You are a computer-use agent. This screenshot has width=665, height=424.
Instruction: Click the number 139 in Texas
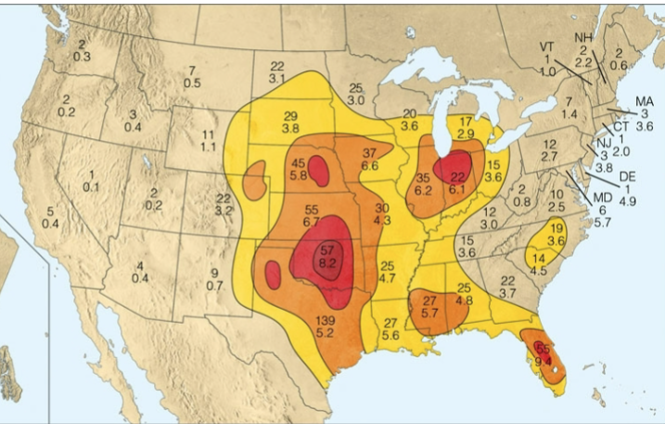326,320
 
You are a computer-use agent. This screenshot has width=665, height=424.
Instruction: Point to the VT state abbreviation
548,46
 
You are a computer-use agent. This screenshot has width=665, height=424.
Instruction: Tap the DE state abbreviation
627,175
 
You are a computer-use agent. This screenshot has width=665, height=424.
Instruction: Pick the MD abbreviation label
603,197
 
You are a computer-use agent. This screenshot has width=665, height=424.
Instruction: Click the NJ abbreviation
603,143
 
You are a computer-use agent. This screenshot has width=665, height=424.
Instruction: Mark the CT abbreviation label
620,126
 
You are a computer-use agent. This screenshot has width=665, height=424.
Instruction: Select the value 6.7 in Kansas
312,222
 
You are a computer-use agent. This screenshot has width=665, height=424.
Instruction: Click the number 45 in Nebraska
299,163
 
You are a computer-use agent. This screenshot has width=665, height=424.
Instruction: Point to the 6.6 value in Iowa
369,165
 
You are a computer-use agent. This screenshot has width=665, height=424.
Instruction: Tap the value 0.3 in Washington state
82,57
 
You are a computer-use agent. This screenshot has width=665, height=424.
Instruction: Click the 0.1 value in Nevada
91,186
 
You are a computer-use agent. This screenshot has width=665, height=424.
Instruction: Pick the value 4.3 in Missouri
382,220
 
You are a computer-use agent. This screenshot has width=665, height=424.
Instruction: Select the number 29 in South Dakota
290,114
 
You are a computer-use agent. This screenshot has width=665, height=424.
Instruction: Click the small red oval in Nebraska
318,171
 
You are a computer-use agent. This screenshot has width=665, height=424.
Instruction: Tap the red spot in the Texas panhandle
273,274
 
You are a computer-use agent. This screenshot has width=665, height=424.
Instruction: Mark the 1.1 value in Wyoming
209,147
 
